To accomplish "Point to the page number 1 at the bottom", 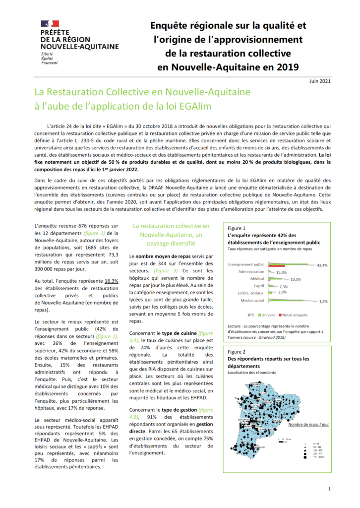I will point(330,489).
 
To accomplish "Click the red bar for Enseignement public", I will point(275,265).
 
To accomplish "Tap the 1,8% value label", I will point(323,301).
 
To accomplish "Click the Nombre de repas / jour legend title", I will point(308,425).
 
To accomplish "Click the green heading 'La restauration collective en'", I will point(171,226).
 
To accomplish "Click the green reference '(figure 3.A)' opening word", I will point(206,333).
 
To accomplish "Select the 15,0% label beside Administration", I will point(282,272).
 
